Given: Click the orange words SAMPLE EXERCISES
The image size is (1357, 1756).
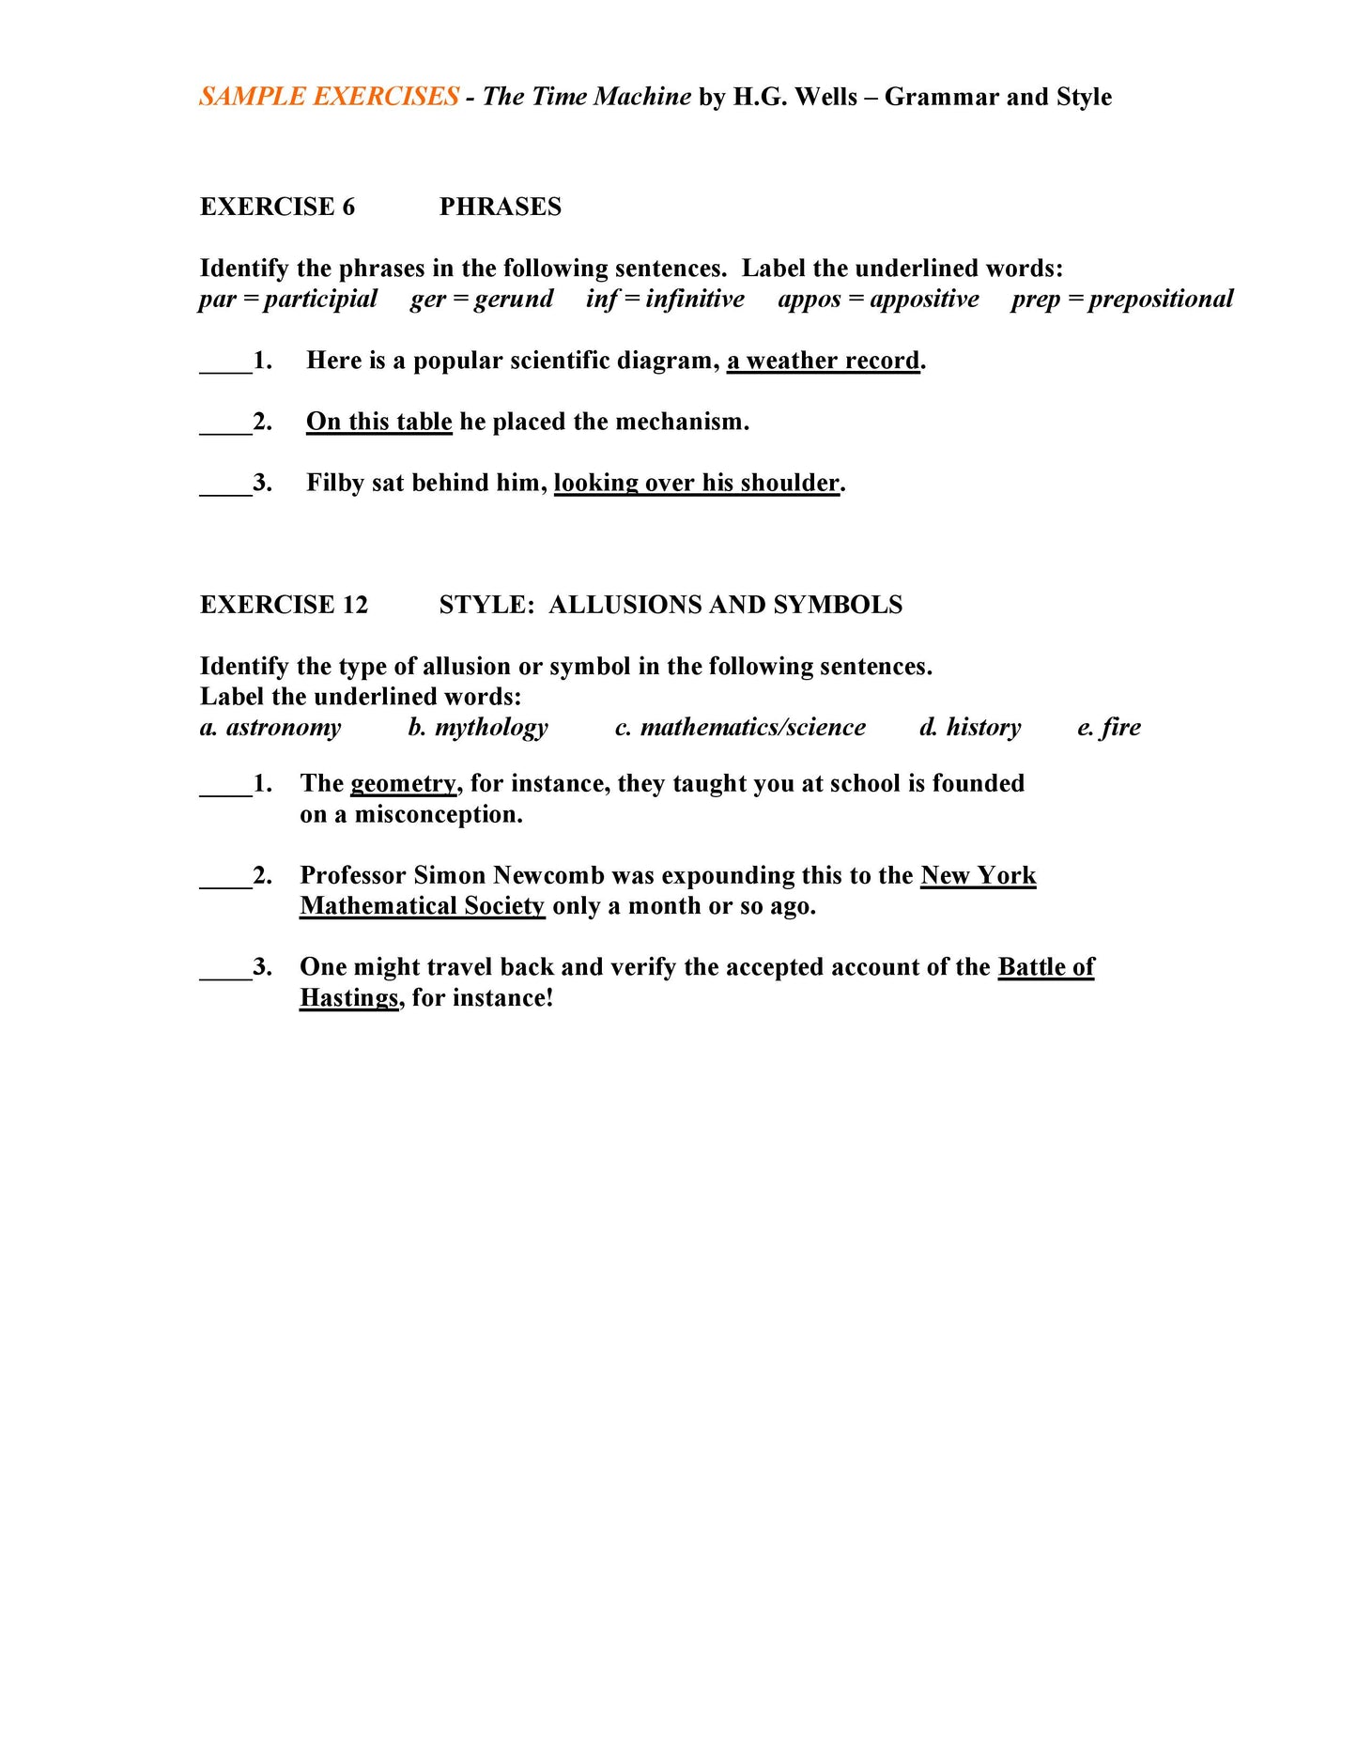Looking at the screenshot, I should coord(329,97).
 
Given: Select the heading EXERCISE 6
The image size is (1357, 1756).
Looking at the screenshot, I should coord(277,207).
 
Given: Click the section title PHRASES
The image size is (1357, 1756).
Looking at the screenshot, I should coord(500,207).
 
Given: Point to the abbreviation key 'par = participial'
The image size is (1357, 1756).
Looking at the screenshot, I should coord(287,299).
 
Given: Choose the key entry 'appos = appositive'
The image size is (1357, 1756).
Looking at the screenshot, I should coord(877,299).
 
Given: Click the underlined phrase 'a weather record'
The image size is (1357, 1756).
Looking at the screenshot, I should coord(823,361).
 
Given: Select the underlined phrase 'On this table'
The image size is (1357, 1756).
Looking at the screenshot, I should coord(378,422).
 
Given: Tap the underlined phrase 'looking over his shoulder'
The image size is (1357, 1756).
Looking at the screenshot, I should coord(696,483).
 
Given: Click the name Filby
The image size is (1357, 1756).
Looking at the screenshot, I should coord(334,483).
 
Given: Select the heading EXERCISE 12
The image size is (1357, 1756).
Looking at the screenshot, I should coord(284,605).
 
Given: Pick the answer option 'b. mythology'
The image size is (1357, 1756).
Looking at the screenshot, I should coord(477,727).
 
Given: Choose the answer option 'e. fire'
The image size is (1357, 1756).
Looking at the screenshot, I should coord(1108,727).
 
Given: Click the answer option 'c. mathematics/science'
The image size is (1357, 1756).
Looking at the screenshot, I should coord(739,727).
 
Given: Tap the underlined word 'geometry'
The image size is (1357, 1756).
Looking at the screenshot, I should coord(403,784).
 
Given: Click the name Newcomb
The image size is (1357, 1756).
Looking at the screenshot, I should coord(548,875).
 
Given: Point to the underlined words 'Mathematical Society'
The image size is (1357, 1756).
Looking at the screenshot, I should coord(422,906).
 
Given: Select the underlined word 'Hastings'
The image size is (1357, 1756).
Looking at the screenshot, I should coord(348,997).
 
